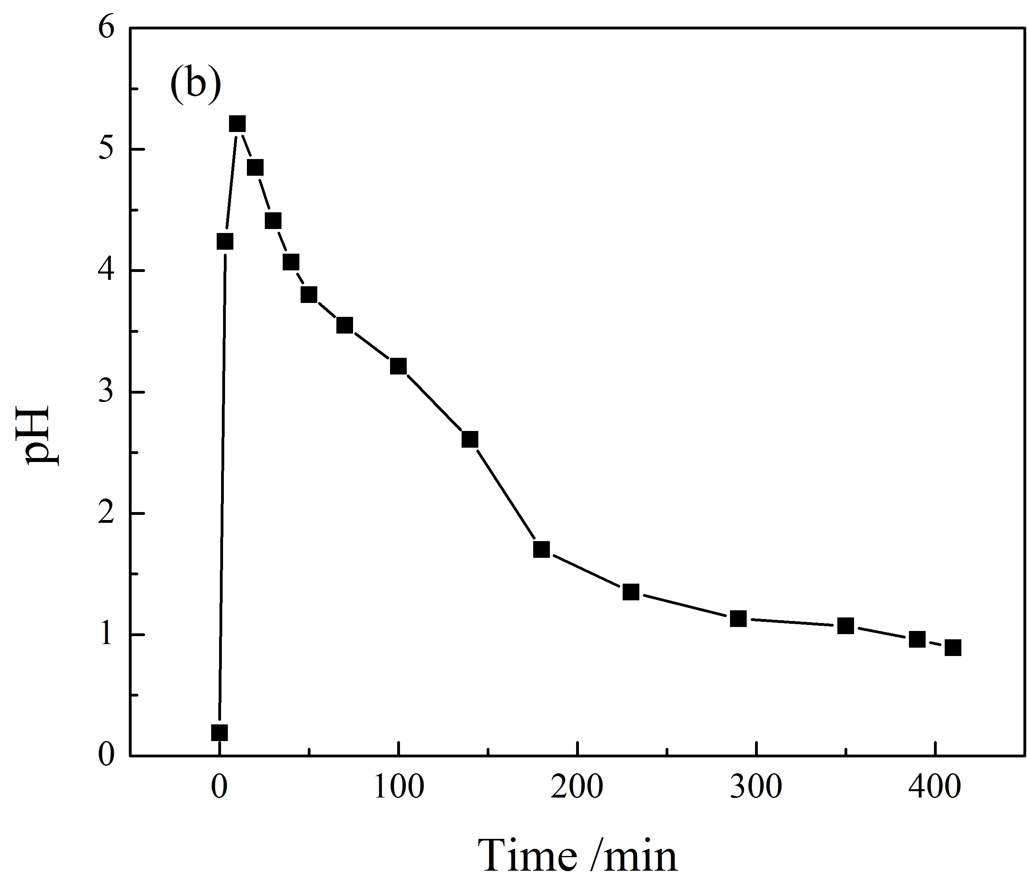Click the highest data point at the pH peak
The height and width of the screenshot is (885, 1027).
click(x=237, y=124)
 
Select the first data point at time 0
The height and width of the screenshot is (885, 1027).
click(x=219, y=732)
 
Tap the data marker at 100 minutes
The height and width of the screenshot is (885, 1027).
click(x=398, y=366)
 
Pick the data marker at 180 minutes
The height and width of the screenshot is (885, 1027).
click(x=541, y=549)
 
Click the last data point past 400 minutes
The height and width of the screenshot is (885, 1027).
click(x=953, y=648)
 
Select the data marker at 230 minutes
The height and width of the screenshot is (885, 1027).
click(x=631, y=592)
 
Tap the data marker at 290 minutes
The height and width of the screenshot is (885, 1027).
click(x=738, y=618)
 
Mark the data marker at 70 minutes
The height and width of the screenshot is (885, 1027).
click(x=344, y=325)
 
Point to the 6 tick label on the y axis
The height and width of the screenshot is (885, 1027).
click(x=106, y=28)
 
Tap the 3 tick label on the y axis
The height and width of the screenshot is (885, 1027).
click(x=106, y=392)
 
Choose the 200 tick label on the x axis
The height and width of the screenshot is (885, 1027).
click(x=577, y=786)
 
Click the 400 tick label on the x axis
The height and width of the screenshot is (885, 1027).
click(x=935, y=786)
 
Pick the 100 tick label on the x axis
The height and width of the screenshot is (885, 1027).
click(x=398, y=786)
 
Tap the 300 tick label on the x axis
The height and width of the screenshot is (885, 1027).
click(x=756, y=786)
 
